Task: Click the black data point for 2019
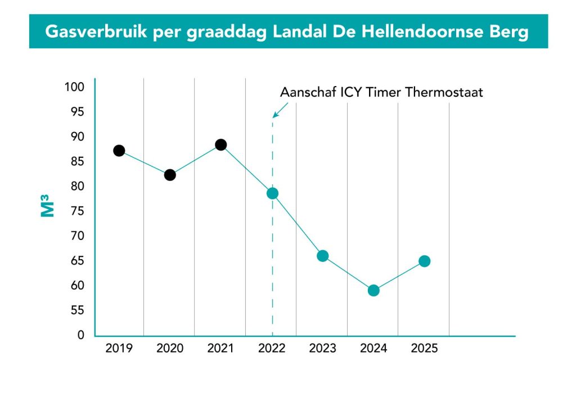point(119,151)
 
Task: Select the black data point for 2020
point(170,175)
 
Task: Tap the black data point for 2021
point(220,144)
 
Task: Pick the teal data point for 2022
point(272,193)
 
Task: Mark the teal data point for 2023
point(322,256)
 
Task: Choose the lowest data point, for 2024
point(373,291)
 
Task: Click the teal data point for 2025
point(425,261)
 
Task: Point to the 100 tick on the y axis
point(74,87)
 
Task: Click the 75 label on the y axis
point(76,211)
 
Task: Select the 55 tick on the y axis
point(76,310)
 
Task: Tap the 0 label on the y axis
point(80,335)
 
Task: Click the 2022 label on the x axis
point(272,349)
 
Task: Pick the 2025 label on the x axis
point(425,349)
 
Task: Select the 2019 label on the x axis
point(119,349)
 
